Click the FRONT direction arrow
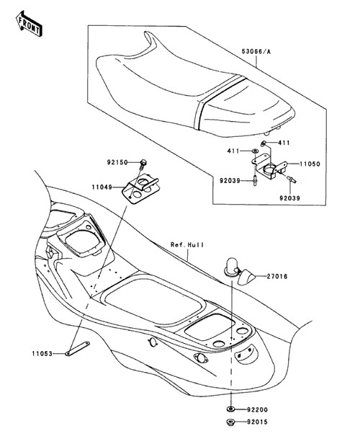pyautogui.click(x=29, y=24)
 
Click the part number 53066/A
pyautogui.click(x=256, y=52)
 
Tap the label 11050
pyautogui.click(x=310, y=164)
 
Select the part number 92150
pyautogui.click(x=117, y=163)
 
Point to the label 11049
pyautogui.click(x=102, y=187)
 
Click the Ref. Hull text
pyautogui.click(x=187, y=244)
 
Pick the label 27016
pyautogui.click(x=277, y=276)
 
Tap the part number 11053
pyautogui.click(x=42, y=353)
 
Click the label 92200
pyautogui.click(x=257, y=409)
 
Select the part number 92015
pyautogui.click(x=257, y=422)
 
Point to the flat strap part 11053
pyautogui.click(x=77, y=348)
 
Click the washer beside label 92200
pyautogui.click(x=231, y=409)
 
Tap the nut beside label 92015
pyautogui.click(x=231, y=422)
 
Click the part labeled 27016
pyautogui.click(x=240, y=271)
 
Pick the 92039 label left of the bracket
pyautogui.click(x=230, y=180)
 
